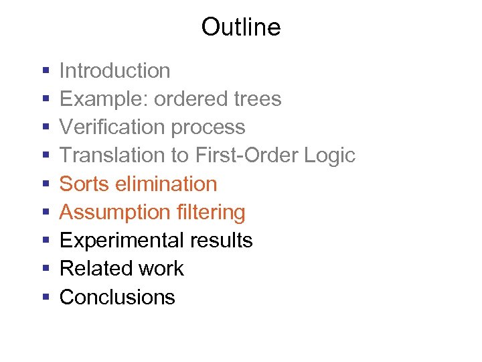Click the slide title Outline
(240, 27)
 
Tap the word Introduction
(115, 70)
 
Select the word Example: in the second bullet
(104, 99)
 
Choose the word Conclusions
(117, 297)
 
